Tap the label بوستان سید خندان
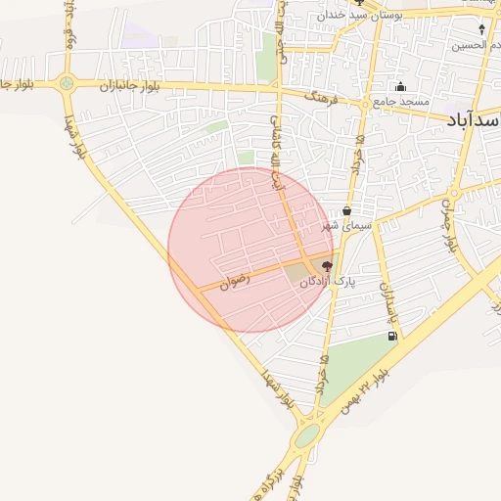(367, 17)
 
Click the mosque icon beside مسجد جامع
(400, 87)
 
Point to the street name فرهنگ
(321, 99)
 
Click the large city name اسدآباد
(474, 119)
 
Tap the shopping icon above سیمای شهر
(347, 211)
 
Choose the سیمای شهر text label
(342, 226)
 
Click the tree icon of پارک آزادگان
(327, 266)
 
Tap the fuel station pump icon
(392, 337)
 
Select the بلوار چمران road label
(449, 219)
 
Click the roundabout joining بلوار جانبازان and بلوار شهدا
(67, 84)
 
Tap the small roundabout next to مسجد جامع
(366, 102)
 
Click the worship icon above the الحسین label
(481, 29)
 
